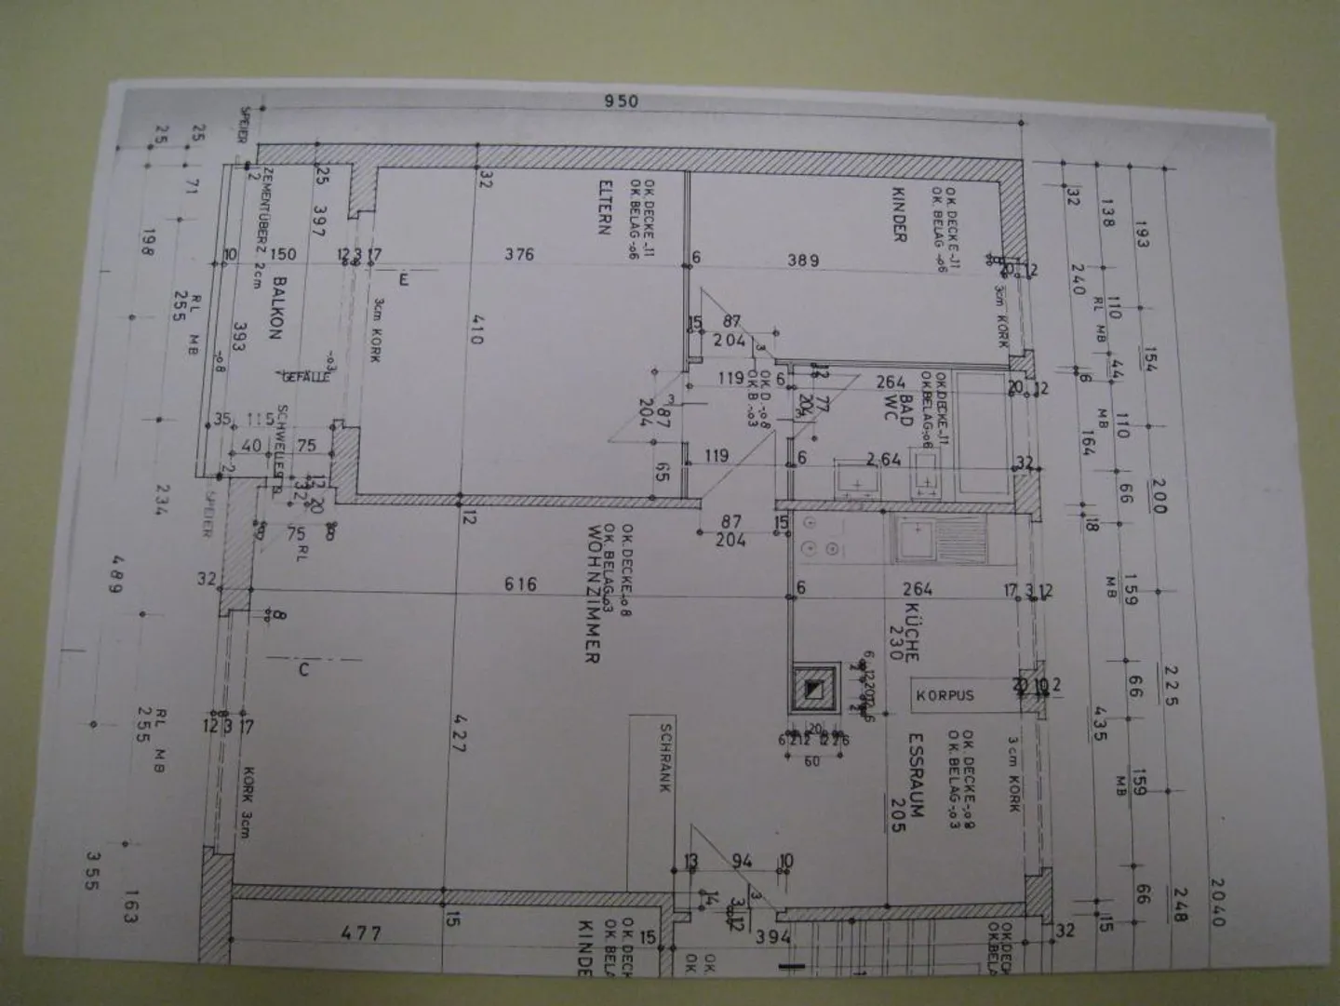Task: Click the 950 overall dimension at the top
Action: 621,101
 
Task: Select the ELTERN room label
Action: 605,207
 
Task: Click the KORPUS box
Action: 945,695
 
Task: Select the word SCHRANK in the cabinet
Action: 665,758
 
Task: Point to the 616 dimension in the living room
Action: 520,584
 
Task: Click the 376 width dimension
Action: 518,254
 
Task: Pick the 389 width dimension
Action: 803,261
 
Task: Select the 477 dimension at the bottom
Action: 360,932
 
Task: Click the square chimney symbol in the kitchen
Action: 814,690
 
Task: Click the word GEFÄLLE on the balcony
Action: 305,376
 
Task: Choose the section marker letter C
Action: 303,669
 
